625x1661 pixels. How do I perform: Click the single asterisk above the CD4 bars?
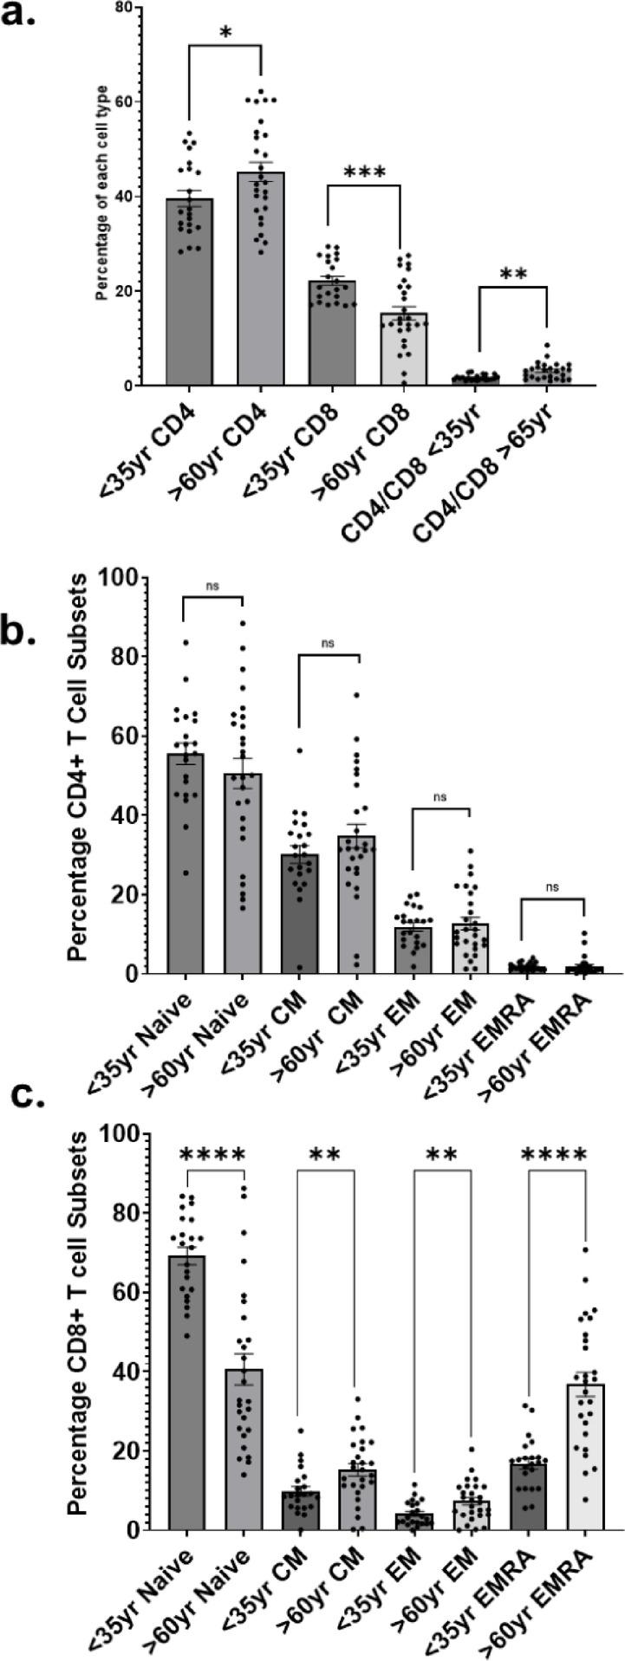pyautogui.click(x=225, y=33)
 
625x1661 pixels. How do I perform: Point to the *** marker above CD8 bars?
pyautogui.click(x=363, y=172)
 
